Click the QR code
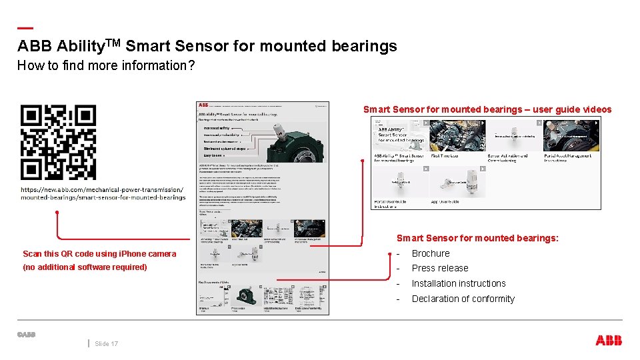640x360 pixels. point(58,142)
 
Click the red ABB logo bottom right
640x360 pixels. point(608,341)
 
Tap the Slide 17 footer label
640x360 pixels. point(107,344)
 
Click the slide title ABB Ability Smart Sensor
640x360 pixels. point(207,46)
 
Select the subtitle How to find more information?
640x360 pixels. point(105,65)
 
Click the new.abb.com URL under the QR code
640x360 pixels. point(103,193)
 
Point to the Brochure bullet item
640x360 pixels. point(431,253)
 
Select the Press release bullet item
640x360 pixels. point(440,268)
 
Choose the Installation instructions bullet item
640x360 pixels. point(459,283)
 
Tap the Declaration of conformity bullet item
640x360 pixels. point(463,299)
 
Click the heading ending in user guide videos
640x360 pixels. point(487,109)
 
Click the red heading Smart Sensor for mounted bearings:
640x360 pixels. point(477,238)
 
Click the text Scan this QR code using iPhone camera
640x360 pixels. point(99,254)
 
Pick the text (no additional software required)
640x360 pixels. point(85,267)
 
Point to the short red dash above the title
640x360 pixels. point(25,28)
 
